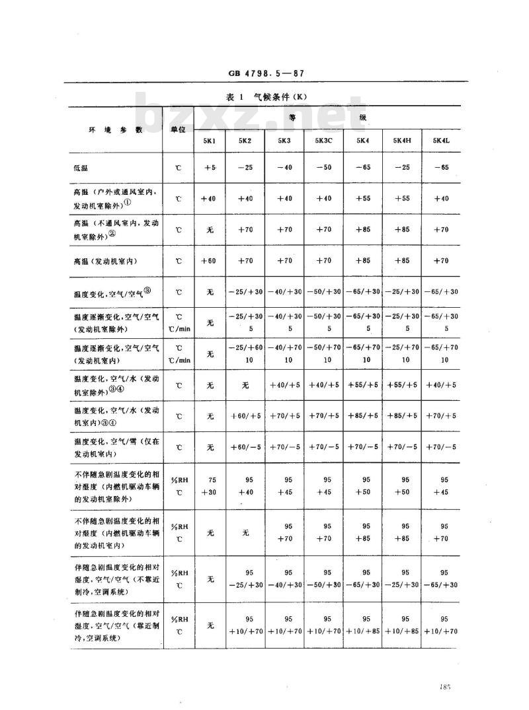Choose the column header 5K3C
pyautogui.click(x=324, y=140)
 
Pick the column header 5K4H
pyautogui.click(x=402, y=140)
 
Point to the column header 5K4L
pyautogui.click(x=440, y=140)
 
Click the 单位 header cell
pyautogui.click(x=177, y=129)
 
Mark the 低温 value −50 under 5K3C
pyautogui.click(x=324, y=167)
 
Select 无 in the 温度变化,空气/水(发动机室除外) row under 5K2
pyautogui.click(x=246, y=384)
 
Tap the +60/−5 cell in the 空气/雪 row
pyautogui.click(x=246, y=447)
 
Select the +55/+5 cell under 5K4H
pyautogui.click(x=402, y=384)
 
